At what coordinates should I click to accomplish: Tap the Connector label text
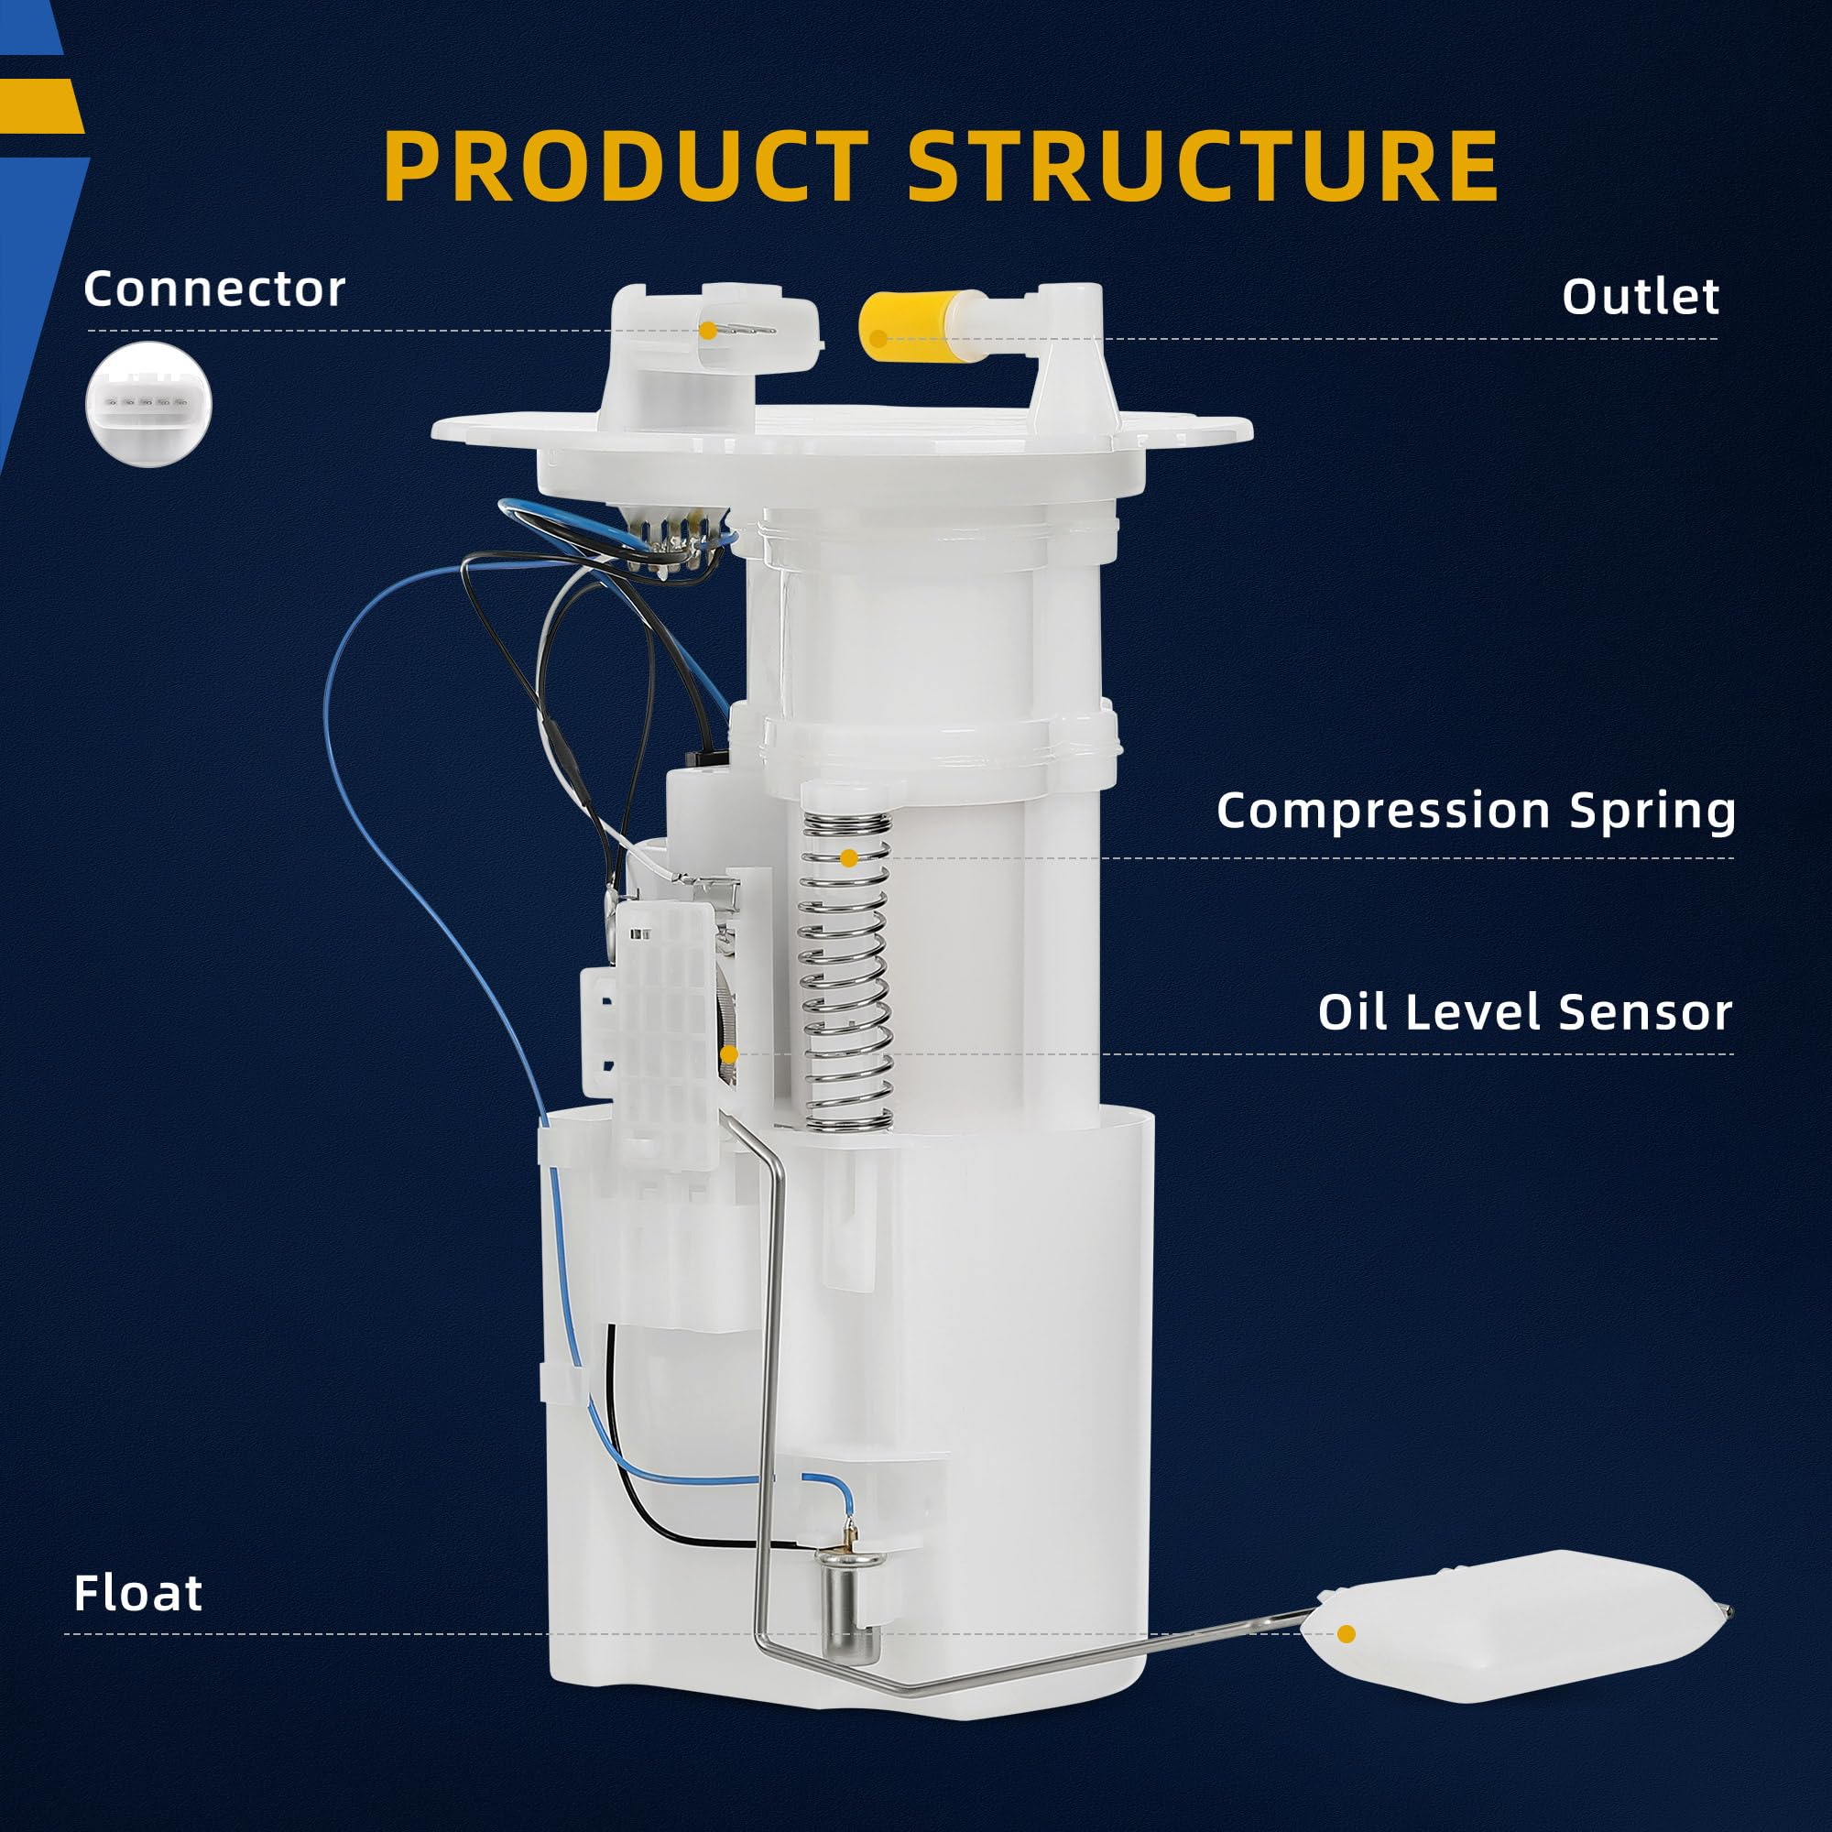(214, 289)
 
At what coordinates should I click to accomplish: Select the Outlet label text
(1641, 297)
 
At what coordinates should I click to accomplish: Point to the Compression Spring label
(1476, 811)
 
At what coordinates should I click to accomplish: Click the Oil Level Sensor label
(1525, 1012)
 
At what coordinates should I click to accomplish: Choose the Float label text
(138, 1593)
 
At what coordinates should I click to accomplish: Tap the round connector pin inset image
(149, 404)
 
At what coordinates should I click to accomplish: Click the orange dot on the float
(1347, 1634)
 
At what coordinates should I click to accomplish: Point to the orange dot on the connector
(707, 331)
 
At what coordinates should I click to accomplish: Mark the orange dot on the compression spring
(849, 858)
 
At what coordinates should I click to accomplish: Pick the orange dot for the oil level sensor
(728, 1054)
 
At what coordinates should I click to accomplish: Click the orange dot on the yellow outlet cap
(878, 339)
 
